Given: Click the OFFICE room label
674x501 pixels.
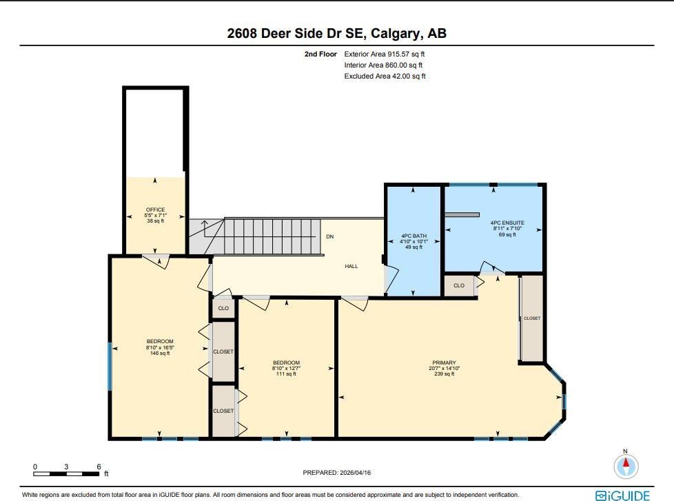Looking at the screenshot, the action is tap(155, 209).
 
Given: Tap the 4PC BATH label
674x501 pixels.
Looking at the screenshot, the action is tap(414, 236).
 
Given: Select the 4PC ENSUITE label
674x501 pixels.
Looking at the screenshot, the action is tap(507, 223).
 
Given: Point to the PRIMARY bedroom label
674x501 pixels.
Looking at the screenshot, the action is tap(444, 362).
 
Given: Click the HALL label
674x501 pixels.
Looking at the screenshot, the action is tap(351, 267).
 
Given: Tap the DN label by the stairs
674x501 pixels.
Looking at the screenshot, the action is tap(329, 237).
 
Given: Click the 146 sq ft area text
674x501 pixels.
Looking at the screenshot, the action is tap(160, 354).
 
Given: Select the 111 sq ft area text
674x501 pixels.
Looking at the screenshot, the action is tap(286, 374).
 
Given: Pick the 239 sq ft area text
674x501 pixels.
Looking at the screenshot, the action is tap(444, 374).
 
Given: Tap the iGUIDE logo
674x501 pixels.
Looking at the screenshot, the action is tap(622, 495).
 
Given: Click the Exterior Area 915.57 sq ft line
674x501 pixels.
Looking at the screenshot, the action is tap(385, 54).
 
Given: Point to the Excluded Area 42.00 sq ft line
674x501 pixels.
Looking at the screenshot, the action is tap(385, 76).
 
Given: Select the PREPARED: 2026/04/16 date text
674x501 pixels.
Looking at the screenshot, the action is tap(336, 473).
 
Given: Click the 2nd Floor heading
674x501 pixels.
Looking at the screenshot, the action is tap(320, 54).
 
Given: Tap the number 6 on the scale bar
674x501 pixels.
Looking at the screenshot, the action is tap(99, 467).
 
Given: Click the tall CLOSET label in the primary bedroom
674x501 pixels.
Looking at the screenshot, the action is tap(532, 318).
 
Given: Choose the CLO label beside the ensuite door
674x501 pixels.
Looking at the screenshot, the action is tap(459, 286).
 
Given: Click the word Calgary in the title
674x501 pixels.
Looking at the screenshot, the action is tap(396, 34).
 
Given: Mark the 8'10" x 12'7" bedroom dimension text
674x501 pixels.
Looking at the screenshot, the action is tap(286, 368).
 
